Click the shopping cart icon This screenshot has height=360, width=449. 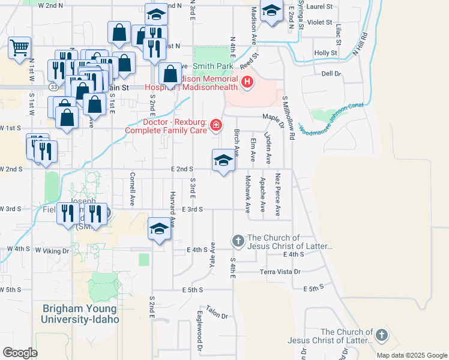[19, 47]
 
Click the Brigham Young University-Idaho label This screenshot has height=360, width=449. [80, 314]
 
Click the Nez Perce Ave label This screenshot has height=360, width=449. [277, 195]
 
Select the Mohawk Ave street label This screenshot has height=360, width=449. [247, 194]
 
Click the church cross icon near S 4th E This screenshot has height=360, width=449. [238, 241]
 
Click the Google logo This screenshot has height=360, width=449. [20, 353]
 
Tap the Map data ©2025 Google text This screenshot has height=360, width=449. [411, 355]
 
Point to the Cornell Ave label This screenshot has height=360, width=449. [132, 188]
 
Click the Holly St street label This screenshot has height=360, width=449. [326, 53]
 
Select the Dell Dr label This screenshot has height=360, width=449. [331, 74]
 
